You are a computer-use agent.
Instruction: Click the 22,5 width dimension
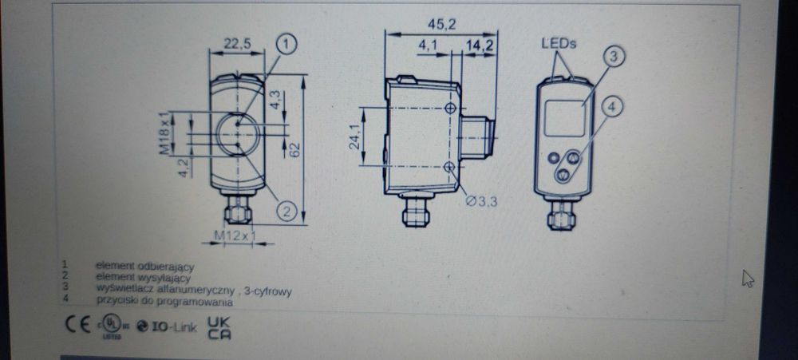(x=237, y=45)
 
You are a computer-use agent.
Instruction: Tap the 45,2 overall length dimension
(x=440, y=25)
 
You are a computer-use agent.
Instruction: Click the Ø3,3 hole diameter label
(x=481, y=201)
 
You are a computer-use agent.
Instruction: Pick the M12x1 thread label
(x=234, y=235)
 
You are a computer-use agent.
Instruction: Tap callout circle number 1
(x=288, y=43)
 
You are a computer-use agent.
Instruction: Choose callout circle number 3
(x=612, y=56)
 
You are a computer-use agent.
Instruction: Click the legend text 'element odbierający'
(x=145, y=264)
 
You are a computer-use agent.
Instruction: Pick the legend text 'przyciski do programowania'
(x=164, y=303)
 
